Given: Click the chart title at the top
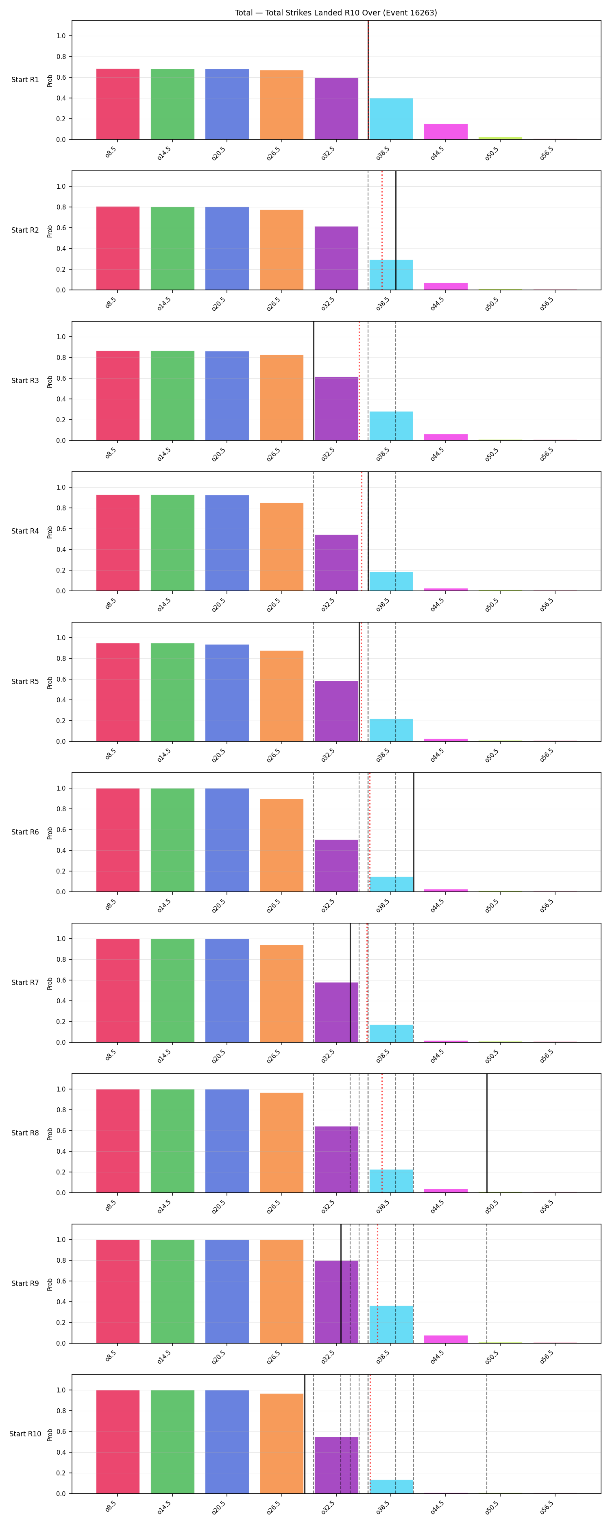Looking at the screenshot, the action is pyautogui.click(x=336, y=13).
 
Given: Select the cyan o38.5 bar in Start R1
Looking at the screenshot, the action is pyautogui.click(x=391, y=119).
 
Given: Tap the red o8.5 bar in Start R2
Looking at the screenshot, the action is pyautogui.click(x=118, y=248).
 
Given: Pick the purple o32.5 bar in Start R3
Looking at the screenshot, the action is pyautogui.click(x=336, y=408).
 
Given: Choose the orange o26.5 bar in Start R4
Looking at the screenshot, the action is pyautogui.click(x=282, y=547).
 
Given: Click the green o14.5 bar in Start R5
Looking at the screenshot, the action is pyautogui.click(x=172, y=692).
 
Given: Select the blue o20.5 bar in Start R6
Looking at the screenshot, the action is pyautogui.click(x=227, y=840).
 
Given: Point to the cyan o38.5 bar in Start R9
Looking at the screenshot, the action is pyautogui.click(x=391, y=1325).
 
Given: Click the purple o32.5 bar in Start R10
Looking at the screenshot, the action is pyautogui.click(x=336, y=1465).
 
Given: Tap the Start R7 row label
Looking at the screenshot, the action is pyautogui.click(x=25, y=983).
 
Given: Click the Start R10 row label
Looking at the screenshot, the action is pyautogui.click(x=25, y=1434).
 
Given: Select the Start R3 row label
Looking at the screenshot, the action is pyautogui.click(x=25, y=381).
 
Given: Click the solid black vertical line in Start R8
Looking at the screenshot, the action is pyautogui.click(x=487, y=1133).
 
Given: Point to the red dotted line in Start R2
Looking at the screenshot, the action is pyautogui.click(x=382, y=230).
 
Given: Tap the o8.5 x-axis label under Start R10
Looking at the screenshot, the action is pyautogui.click(x=110, y=1507).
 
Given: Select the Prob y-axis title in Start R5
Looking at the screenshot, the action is pyautogui.click(x=50, y=682).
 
